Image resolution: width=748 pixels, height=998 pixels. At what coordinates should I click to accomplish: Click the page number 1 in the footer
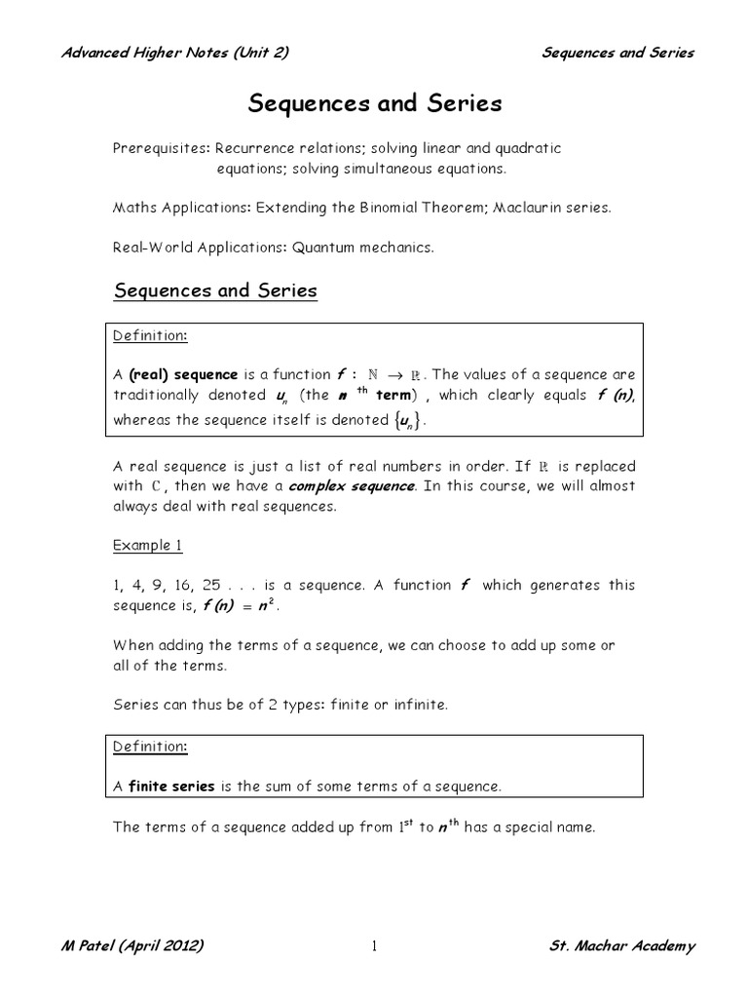click(373, 948)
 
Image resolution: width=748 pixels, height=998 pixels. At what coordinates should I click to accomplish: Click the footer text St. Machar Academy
click(621, 947)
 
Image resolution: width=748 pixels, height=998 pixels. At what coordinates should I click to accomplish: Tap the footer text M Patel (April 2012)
click(132, 947)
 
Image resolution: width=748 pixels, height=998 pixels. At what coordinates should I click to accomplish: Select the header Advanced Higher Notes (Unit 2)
click(174, 53)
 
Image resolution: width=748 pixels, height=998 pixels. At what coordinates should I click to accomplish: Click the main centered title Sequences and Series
click(375, 103)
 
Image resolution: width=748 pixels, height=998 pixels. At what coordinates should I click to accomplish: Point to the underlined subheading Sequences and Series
click(215, 290)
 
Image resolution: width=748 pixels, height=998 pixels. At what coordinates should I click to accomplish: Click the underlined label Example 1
click(147, 546)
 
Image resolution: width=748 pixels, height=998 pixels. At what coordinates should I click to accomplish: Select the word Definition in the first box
click(150, 335)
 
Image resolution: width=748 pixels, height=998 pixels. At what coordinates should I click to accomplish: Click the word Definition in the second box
click(150, 747)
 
